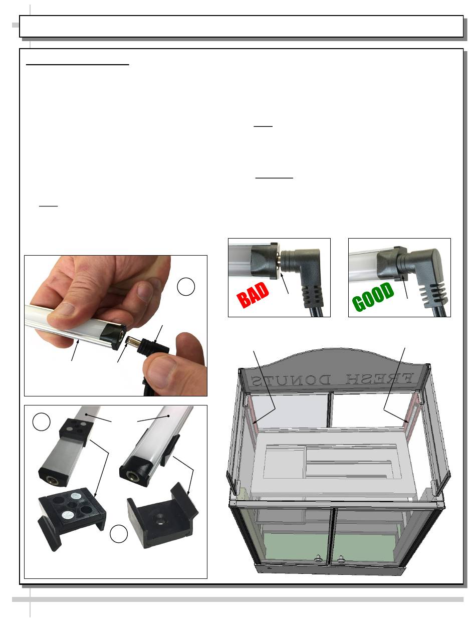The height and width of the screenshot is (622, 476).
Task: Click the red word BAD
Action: tap(253, 294)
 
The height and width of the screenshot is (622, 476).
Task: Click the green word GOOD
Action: tap(373, 297)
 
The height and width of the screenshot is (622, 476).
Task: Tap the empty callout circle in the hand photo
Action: tap(186, 287)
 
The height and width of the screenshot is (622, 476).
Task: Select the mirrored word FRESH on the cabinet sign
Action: tap(379, 379)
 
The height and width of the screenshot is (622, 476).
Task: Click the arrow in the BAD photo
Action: tap(284, 283)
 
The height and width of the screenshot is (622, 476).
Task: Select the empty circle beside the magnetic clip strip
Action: tap(42, 422)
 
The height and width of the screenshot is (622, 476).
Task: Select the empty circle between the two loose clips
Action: tap(119, 534)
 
